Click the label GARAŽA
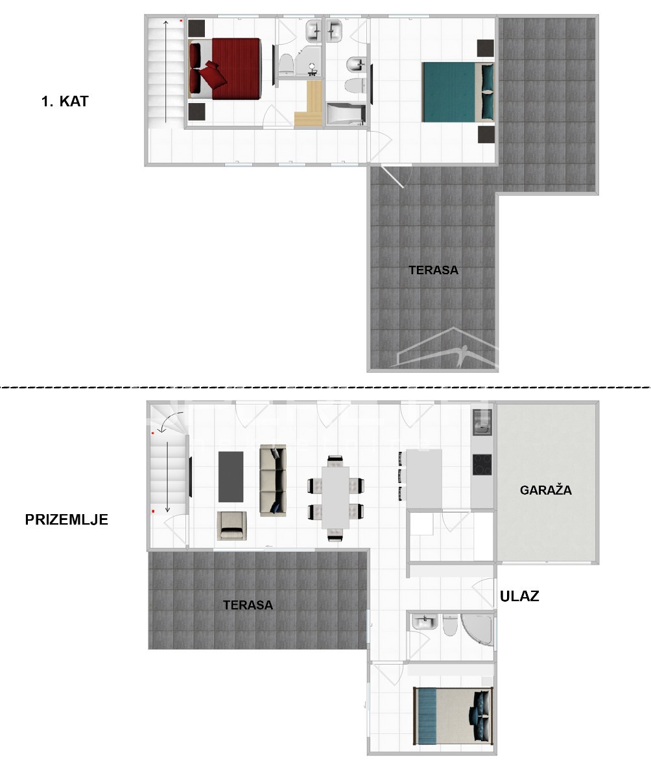pos(546,490)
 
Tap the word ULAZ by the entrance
pos(519,596)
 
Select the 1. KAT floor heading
pos(65,101)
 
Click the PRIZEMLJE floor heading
pos(67,519)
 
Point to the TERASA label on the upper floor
pos(433,270)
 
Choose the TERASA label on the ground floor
pos(248,605)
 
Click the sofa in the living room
pos(272,480)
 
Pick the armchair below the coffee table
pos(231,525)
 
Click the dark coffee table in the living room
pos(231,476)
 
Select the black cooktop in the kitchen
pos(482,465)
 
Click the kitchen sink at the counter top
pos(482,422)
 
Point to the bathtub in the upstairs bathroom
pos(344,115)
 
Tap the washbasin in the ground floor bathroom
pos(425,622)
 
